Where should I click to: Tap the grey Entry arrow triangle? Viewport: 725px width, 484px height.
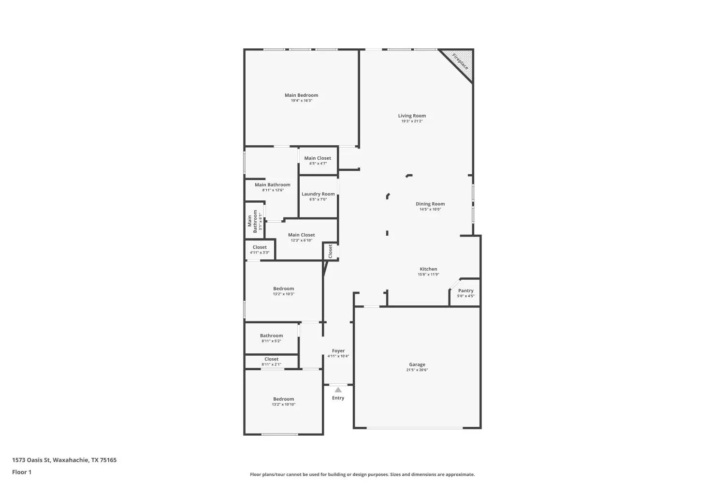[338, 390]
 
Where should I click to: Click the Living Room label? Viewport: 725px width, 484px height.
[412, 116]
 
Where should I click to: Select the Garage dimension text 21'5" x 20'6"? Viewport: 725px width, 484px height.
[417, 370]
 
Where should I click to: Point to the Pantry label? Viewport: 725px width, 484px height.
[466, 291]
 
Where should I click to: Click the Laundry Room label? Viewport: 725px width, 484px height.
[318, 194]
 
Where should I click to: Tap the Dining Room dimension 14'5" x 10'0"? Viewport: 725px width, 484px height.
[430, 210]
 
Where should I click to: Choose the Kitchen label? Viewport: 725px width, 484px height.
[428, 269]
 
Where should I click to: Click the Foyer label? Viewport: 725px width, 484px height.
[338, 351]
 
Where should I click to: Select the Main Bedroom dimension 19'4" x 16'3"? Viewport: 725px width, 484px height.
[301, 101]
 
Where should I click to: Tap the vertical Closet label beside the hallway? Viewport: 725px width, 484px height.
[330, 251]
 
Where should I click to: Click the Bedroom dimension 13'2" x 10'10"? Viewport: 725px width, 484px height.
[284, 405]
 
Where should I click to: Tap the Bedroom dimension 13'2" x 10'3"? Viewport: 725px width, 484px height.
[284, 294]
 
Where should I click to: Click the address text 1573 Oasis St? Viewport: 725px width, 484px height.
[31, 460]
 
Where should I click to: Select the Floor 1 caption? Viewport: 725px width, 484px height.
[22, 472]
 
